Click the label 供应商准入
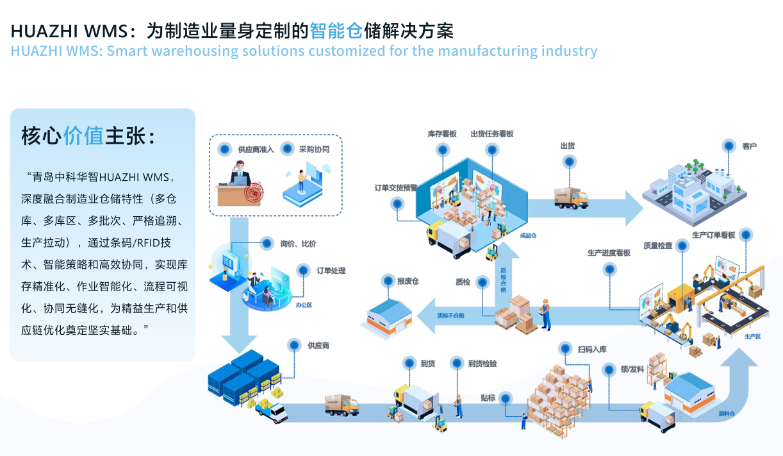[256, 149]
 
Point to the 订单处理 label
[331, 271]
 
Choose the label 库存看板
[442, 134]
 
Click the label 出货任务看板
[492, 134]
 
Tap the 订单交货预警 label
[396, 188]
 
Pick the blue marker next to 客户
[728, 146]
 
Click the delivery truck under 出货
[571, 198]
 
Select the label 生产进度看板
[609, 253]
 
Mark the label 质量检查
[658, 245]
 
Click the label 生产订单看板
[713, 235]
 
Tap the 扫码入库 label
[592, 350]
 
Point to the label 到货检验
[482, 364]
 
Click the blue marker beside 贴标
[506, 398]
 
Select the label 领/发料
[632, 369]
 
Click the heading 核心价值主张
[88, 135]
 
